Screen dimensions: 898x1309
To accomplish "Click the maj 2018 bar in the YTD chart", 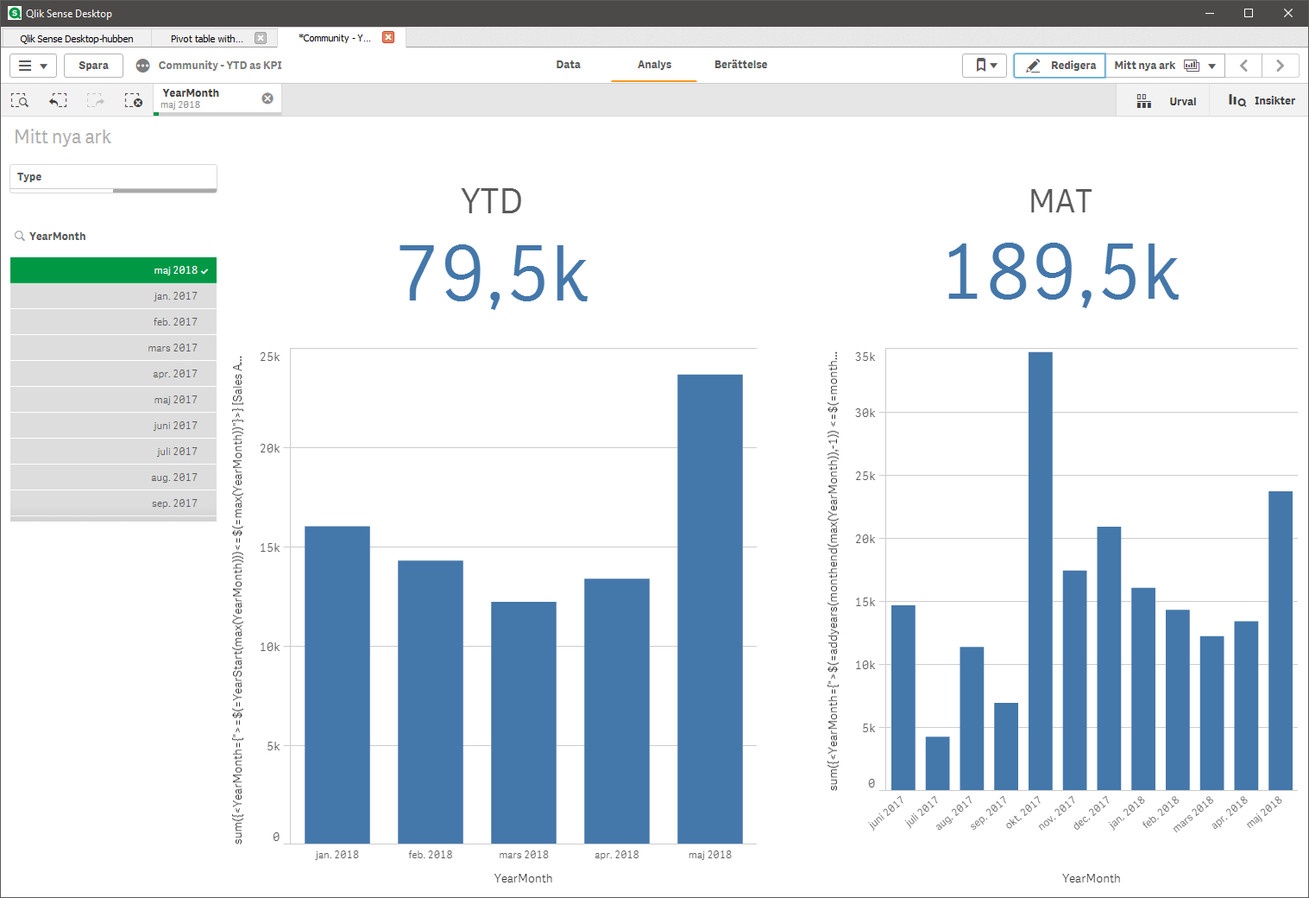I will (x=709, y=609).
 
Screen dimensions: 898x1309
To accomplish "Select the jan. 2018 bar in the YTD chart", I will (x=337, y=684).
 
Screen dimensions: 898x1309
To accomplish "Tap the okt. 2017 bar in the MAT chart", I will (x=1040, y=570).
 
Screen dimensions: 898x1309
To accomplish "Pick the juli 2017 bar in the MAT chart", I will (x=937, y=762).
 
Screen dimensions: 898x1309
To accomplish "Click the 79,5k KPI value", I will (x=492, y=274).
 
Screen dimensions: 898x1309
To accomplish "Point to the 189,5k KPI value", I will (x=1061, y=274).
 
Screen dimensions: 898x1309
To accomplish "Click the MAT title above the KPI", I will (x=1060, y=201).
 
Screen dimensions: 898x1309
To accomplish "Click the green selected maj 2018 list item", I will (x=113, y=270).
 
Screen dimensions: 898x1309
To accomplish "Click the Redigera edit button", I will (x=1060, y=66).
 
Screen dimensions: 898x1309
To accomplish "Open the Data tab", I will (x=568, y=65).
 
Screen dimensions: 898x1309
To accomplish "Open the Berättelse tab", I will (x=740, y=65).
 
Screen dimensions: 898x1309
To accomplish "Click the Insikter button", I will (x=1262, y=101).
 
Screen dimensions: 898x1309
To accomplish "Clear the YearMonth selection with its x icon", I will (x=267, y=98).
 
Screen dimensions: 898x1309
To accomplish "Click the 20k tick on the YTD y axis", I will (x=270, y=448).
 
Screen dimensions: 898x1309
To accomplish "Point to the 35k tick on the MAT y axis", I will (x=865, y=357).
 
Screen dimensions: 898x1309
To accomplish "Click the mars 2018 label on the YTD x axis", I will (x=524, y=855).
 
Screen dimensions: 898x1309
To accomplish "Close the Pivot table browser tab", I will (x=261, y=38).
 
